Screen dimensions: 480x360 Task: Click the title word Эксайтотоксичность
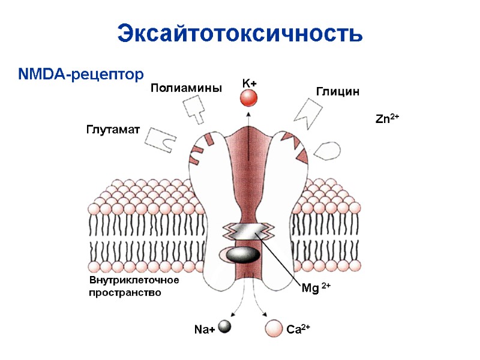pos(240,33)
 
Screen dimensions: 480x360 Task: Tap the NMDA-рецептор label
pos(81,74)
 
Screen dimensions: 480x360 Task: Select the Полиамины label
pos(186,88)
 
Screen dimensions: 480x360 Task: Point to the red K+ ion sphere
pos(249,99)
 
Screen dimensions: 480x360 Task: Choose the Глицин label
pos(337,92)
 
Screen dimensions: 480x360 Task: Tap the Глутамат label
pos(113,130)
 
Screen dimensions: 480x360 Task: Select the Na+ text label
pos(204,329)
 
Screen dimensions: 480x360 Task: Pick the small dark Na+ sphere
pos(224,326)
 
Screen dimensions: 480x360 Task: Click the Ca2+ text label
pos(298,329)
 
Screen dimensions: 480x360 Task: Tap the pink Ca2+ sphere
pos(274,328)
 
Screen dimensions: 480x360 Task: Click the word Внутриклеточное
pos(134,280)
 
